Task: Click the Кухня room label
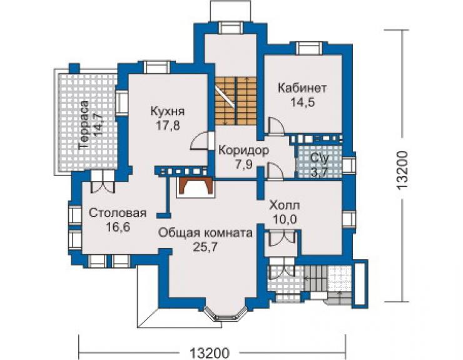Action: pyautogui.click(x=168, y=111)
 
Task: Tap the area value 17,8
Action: pyautogui.click(x=168, y=126)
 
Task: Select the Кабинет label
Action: pyautogui.click(x=302, y=88)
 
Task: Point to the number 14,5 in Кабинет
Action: pyautogui.click(x=303, y=102)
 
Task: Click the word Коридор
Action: pyautogui.click(x=243, y=150)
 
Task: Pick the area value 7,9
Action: pyautogui.click(x=244, y=164)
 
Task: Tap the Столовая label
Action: pyautogui.click(x=118, y=213)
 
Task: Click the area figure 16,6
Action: pyautogui.click(x=118, y=227)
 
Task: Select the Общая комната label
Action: pyautogui.click(x=205, y=233)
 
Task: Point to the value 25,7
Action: pyautogui.click(x=205, y=247)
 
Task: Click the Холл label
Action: pyautogui.click(x=284, y=205)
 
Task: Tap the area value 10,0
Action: pyautogui.click(x=285, y=219)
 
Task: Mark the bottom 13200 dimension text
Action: pyautogui.click(x=210, y=353)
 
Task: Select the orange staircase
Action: pyautogui.click(x=236, y=101)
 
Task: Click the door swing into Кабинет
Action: pyautogui.click(x=276, y=126)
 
